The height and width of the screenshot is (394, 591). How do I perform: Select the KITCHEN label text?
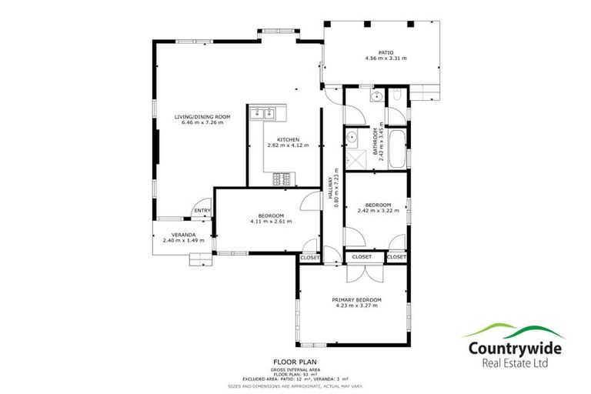coord(278,139)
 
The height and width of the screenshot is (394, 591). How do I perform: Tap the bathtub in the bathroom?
coord(397,149)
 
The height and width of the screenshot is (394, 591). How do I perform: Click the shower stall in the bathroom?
coord(356,160)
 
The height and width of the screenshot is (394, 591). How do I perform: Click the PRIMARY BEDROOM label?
coord(356,299)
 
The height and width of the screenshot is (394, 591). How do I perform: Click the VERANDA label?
coord(183,235)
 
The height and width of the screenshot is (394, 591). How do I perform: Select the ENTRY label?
coord(202,210)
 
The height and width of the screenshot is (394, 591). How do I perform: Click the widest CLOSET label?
coord(362,257)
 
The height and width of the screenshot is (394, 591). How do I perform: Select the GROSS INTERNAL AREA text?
coord(295,369)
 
